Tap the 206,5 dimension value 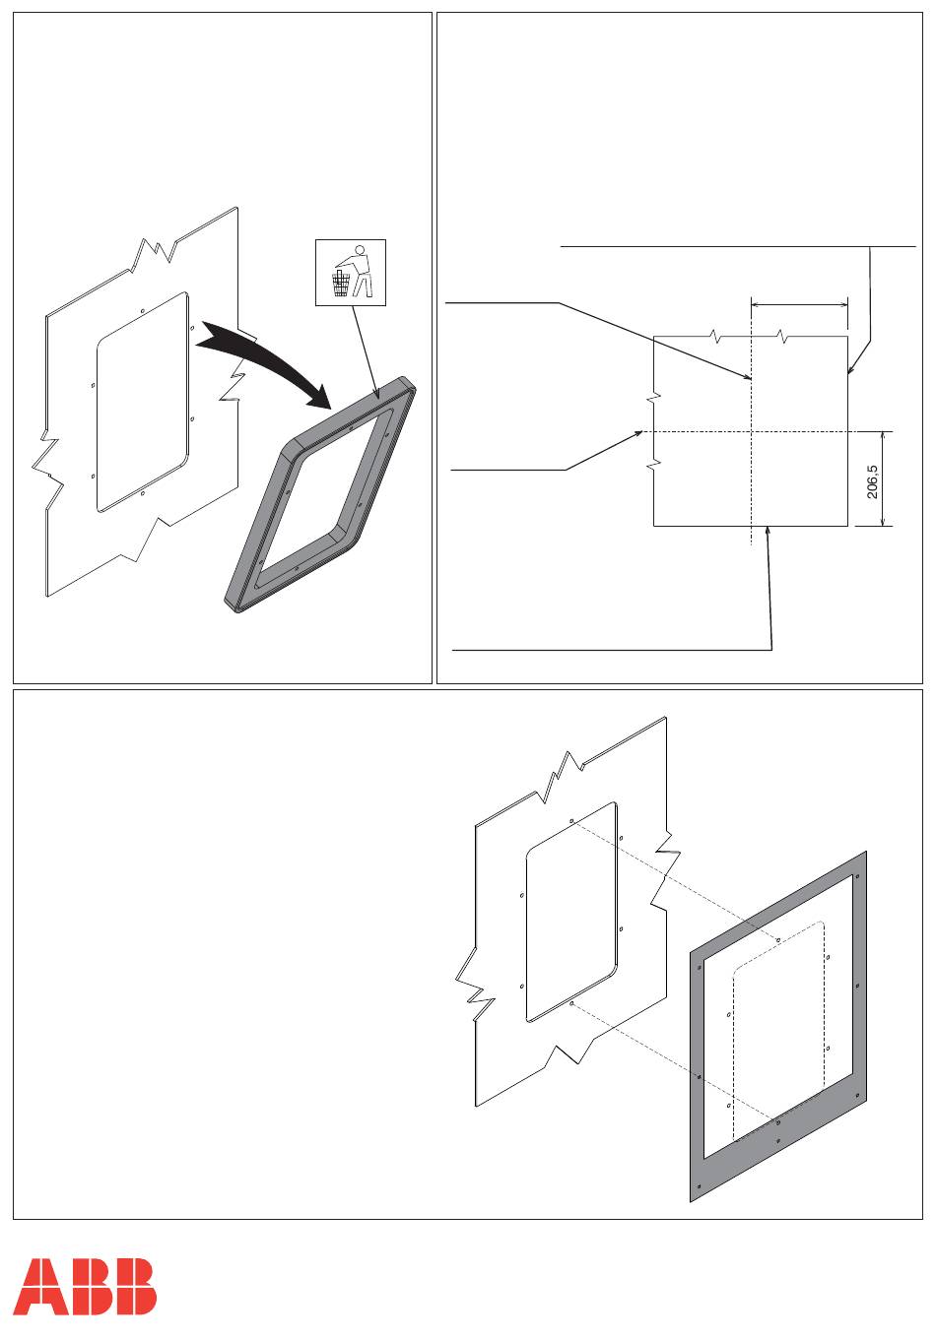click(873, 481)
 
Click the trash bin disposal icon click(351, 273)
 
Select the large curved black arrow click(264, 360)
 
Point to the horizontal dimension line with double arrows click(799, 305)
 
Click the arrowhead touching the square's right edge click(851, 370)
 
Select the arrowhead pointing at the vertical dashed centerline click(748, 376)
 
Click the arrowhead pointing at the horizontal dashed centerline click(638, 433)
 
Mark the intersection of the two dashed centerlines click(751, 431)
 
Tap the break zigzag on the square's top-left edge click(715, 336)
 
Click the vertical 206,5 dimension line click(883, 478)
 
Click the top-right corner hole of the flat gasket click(857, 876)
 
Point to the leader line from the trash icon click(365, 351)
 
